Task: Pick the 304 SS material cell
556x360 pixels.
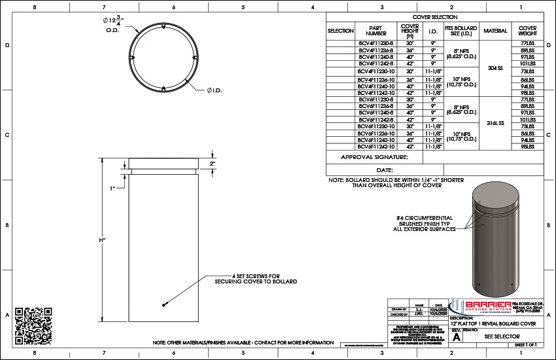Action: [x=495, y=67]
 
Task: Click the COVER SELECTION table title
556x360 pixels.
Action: [x=435, y=17]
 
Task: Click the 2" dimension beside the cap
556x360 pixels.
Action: [x=212, y=164]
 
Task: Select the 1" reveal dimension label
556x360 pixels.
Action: [x=113, y=189]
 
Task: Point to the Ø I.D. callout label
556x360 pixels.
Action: [x=215, y=90]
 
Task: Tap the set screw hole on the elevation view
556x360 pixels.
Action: [x=163, y=304]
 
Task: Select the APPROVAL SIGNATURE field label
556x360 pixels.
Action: [x=375, y=157]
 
